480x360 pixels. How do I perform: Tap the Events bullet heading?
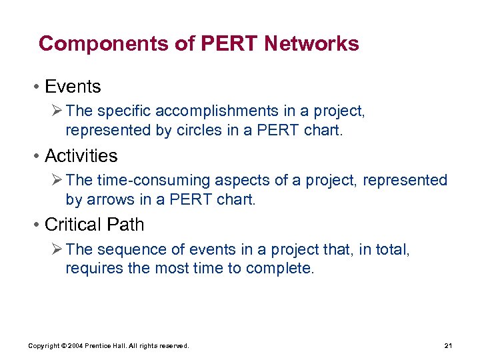(73, 87)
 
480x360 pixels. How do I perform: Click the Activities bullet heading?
(81, 156)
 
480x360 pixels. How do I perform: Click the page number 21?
(447, 346)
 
